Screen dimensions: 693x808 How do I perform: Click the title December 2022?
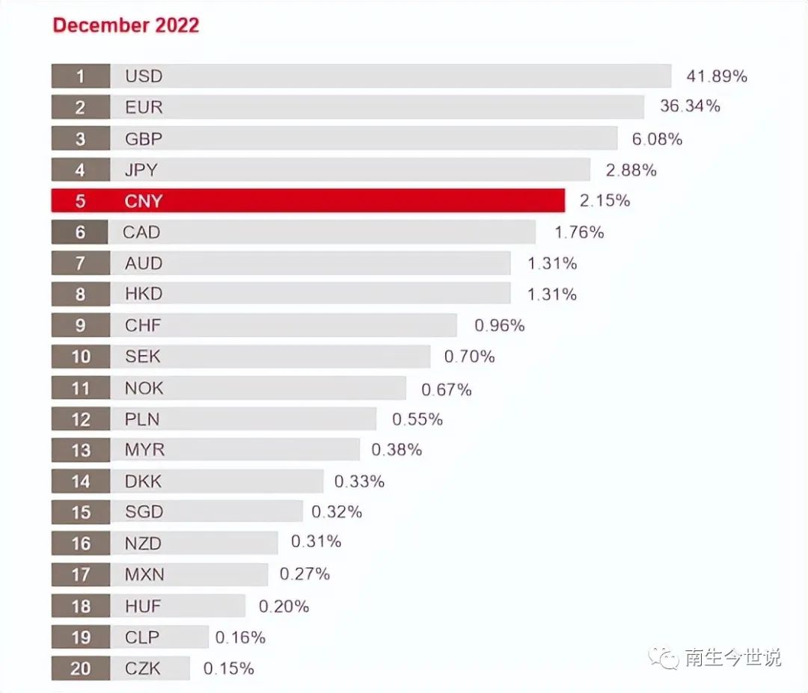click(126, 25)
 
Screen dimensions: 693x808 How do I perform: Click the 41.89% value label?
click(716, 76)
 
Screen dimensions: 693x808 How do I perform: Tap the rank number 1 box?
click(81, 76)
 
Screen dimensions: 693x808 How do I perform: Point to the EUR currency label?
click(144, 108)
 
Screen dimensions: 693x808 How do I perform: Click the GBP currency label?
click(144, 139)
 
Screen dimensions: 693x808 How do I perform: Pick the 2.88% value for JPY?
click(631, 170)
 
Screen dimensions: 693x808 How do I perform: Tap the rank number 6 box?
click(80, 232)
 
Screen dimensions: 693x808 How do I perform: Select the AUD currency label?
click(144, 264)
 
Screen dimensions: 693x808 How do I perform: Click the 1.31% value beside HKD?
click(551, 295)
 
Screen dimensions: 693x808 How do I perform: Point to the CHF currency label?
click(143, 326)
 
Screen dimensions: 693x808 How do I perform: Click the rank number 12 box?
click(81, 419)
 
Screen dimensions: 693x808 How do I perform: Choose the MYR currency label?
click(144, 450)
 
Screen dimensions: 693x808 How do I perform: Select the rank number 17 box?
click(81, 575)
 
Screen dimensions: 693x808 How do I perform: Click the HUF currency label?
click(143, 606)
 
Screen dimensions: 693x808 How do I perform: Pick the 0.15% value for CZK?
click(228, 668)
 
